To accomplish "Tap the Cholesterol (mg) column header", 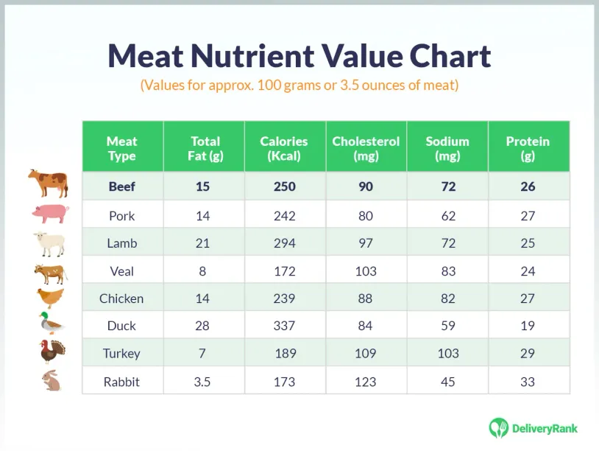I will pyautogui.click(x=366, y=148).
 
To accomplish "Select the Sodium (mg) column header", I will pyautogui.click(x=447, y=148).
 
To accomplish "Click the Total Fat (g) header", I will pyautogui.click(x=205, y=148).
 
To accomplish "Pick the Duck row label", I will pyautogui.click(x=122, y=326).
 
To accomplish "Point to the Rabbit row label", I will pyautogui.click(x=122, y=382).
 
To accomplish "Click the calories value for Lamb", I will pyautogui.click(x=284, y=243).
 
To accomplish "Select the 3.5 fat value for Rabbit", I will pyautogui.click(x=202, y=382).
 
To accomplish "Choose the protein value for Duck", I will pyautogui.click(x=527, y=326).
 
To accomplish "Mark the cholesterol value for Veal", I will pyautogui.click(x=365, y=271).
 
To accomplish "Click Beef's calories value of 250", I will pyautogui.click(x=284, y=186).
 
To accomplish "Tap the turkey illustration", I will pyautogui.click(x=52, y=352).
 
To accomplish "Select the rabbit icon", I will pyautogui.click(x=52, y=380).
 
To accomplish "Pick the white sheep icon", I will pyautogui.click(x=51, y=243).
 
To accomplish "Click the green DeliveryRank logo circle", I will pyautogui.click(x=499, y=428).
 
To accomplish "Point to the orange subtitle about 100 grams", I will pyautogui.click(x=299, y=85).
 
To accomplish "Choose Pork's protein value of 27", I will pyautogui.click(x=527, y=216).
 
